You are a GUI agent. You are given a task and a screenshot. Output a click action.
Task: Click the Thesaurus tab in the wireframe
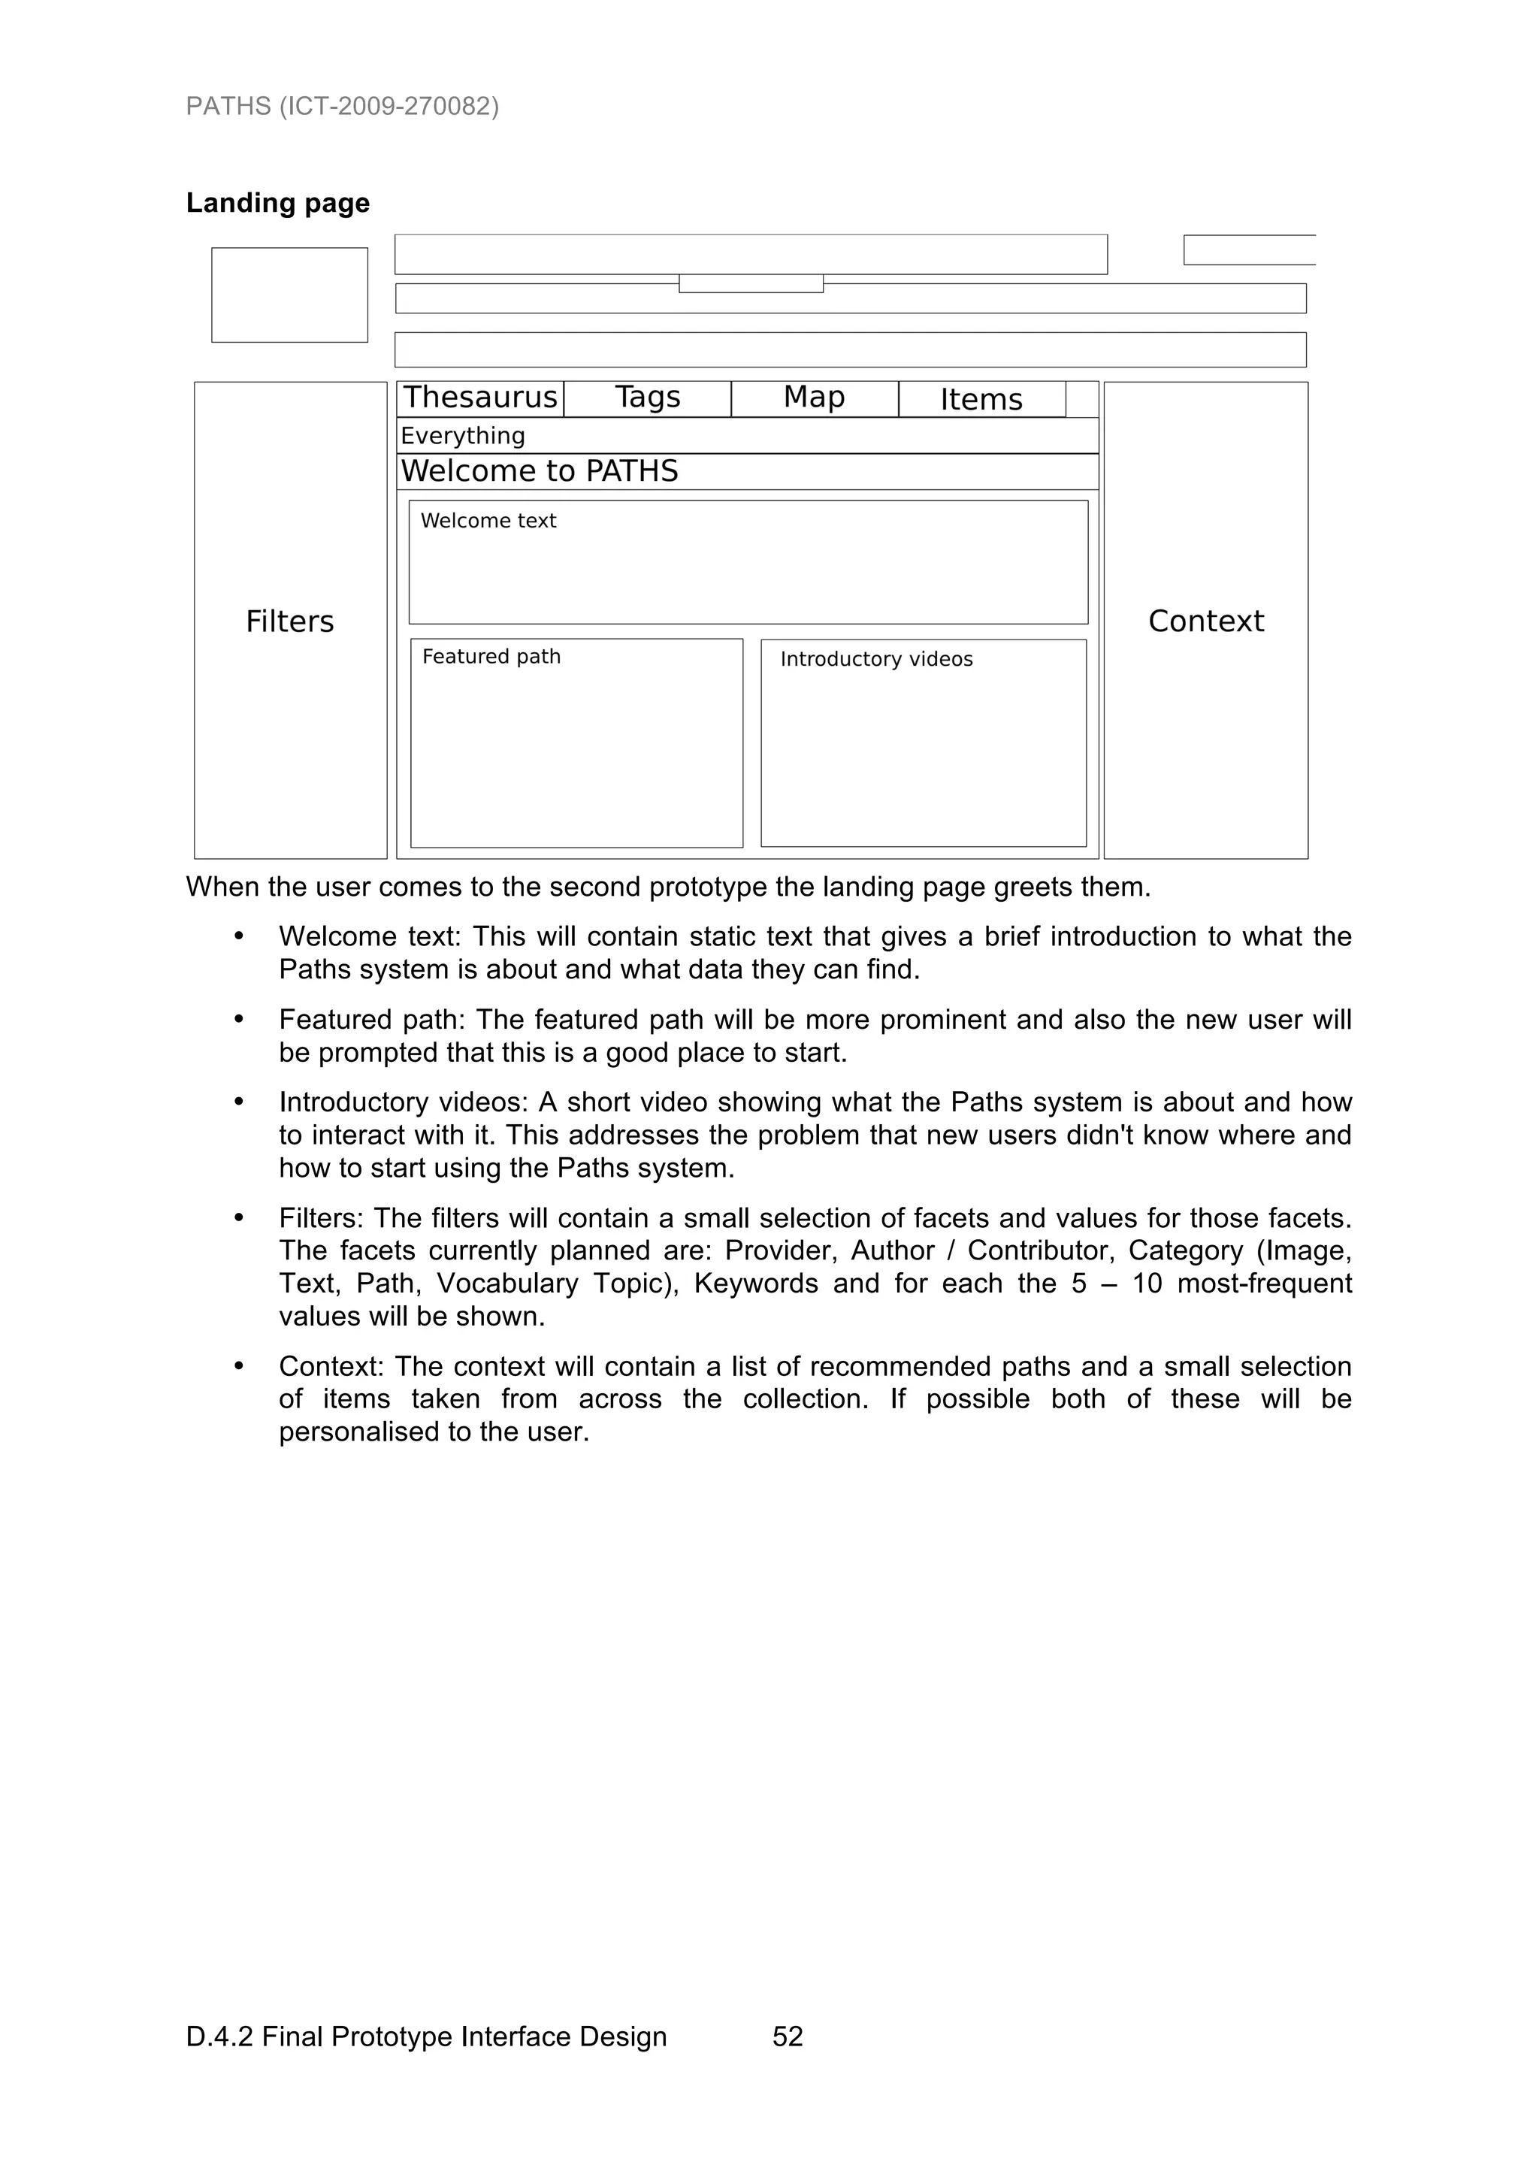(x=480, y=398)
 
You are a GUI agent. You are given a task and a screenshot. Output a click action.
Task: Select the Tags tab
(x=648, y=398)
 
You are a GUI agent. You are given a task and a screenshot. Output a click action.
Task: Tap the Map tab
(x=814, y=398)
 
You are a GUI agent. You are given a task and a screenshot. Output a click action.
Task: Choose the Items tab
(x=981, y=399)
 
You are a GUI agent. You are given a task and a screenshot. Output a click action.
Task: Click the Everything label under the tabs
(x=463, y=436)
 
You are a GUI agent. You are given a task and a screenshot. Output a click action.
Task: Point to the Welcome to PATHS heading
(x=540, y=471)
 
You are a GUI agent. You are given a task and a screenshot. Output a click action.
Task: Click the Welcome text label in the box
(x=488, y=521)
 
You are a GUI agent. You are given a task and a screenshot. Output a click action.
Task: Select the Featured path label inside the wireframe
(x=491, y=657)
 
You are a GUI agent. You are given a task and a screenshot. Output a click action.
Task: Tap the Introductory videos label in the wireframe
(x=876, y=660)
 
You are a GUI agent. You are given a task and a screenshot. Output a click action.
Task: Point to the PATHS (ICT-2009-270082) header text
(x=343, y=106)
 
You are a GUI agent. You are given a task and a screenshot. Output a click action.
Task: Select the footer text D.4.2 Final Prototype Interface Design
(x=427, y=2036)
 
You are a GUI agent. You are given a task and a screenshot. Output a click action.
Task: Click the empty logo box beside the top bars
(x=289, y=295)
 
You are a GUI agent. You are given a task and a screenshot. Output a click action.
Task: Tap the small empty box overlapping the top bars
(x=751, y=283)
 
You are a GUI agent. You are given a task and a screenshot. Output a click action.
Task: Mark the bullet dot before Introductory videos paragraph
(x=239, y=1102)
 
